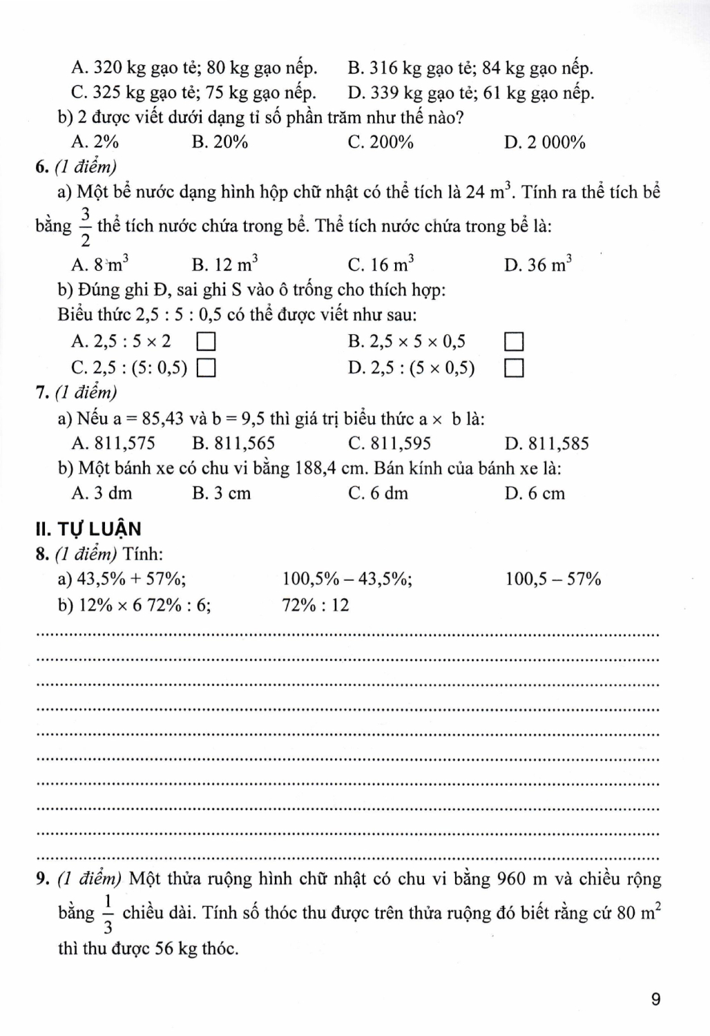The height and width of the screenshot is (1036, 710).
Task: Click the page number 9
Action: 655,999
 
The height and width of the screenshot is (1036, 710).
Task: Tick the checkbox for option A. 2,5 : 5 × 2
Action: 207,341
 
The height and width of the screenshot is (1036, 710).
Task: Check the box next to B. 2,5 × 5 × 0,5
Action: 514,341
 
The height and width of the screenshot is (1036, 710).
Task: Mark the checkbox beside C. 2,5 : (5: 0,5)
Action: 207,368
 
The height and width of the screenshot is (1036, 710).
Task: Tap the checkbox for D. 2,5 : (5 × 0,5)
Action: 514,368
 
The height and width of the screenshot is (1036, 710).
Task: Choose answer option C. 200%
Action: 381,142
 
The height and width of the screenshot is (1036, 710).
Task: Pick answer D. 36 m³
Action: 539,265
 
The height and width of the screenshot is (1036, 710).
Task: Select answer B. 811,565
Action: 233,443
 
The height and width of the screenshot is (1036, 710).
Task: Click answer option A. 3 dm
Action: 102,493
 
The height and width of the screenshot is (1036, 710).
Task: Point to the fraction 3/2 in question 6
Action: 86,226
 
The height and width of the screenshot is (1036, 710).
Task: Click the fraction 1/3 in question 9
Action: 108,913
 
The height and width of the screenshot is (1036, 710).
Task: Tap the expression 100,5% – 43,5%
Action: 347,579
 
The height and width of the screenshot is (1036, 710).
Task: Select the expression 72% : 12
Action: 316,605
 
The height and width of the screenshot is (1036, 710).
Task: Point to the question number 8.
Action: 41,554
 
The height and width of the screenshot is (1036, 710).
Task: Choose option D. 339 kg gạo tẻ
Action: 471,93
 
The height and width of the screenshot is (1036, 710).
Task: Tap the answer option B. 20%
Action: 220,142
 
